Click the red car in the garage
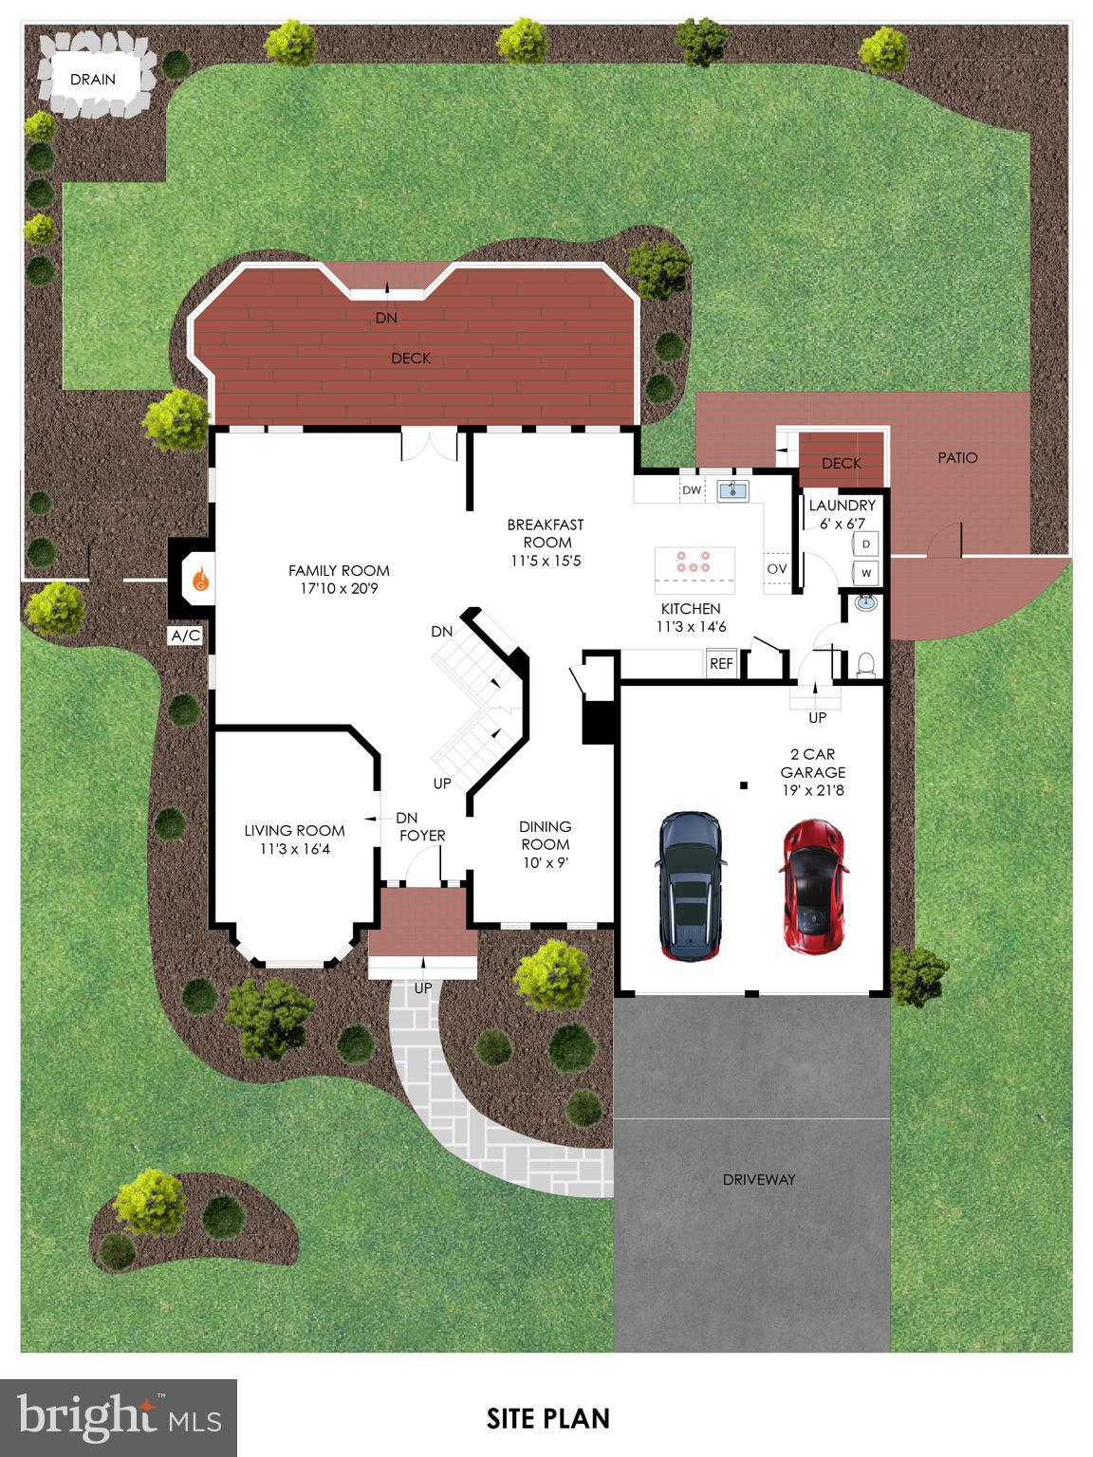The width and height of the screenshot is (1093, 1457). [x=813, y=886]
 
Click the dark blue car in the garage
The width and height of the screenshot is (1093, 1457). [x=690, y=885]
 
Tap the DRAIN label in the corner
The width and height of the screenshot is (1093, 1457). [x=93, y=80]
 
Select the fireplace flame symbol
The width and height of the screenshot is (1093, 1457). [x=200, y=579]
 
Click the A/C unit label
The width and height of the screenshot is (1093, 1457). [x=185, y=636]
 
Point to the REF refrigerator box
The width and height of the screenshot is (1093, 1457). [x=721, y=664]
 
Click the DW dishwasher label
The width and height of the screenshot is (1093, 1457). [x=692, y=490]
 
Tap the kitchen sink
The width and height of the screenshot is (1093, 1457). [x=732, y=490]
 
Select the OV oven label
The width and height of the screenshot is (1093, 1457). [x=777, y=568]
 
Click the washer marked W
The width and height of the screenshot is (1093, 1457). [x=866, y=573]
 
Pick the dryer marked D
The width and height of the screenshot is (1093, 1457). [x=866, y=544]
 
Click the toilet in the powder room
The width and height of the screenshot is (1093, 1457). [x=865, y=663]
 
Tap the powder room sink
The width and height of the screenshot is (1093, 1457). [x=865, y=601]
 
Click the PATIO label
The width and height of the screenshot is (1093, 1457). [x=957, y=457]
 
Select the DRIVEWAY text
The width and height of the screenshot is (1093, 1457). [x=759, y=1180]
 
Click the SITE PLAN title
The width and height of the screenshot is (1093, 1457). [x=548, y=1418]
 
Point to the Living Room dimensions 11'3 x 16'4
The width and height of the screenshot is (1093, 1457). [x=295, y=849]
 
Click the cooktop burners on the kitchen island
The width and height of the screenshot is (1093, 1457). [x=694, y=562]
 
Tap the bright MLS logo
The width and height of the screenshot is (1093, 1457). [x=119, y=1416]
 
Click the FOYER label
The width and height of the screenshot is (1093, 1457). [x=422, y=836]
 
